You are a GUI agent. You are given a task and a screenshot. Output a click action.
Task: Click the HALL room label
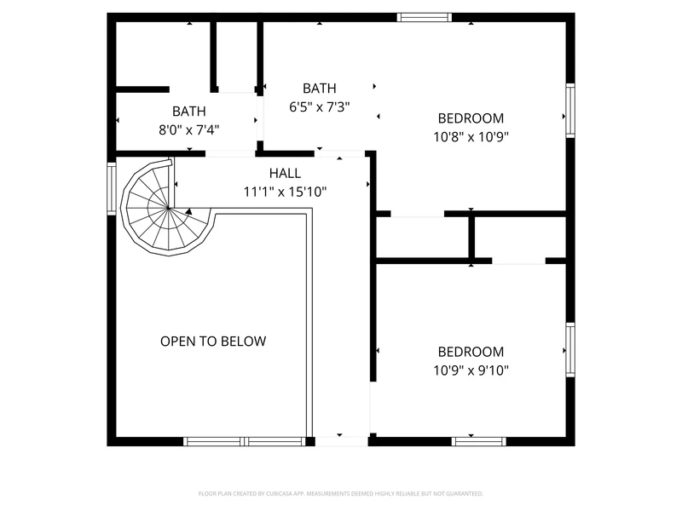point(285,173)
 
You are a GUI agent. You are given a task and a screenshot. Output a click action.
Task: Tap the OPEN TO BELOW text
point(213,342)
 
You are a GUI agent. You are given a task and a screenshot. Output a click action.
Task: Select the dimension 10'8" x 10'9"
point(471,137)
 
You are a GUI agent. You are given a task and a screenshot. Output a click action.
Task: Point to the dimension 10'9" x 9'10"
point(471,370)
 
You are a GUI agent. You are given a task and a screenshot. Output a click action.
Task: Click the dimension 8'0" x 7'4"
point(188,129)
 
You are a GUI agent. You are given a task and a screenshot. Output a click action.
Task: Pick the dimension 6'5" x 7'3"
point(319,107)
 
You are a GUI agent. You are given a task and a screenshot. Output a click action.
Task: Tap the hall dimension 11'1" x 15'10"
point(285,192)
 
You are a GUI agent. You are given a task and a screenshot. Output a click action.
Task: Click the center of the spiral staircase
point(168,208)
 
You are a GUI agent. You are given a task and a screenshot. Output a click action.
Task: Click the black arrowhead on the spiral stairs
point(188,211)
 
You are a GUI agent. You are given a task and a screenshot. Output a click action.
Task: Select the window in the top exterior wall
point(424,17)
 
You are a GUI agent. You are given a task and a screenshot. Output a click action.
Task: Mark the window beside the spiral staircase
point(112,188)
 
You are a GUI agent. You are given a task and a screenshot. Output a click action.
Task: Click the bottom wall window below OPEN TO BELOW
point(244,441)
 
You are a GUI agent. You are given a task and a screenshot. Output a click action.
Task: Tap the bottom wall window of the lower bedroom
point(478,441)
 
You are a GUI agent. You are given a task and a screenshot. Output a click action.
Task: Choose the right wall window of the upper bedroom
point(570,111)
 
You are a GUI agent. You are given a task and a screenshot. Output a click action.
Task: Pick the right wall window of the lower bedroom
point(570,350)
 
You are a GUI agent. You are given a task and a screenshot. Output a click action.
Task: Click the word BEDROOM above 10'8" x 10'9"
point(471,118)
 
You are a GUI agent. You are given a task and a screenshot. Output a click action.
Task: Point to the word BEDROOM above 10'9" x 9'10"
point(471,352)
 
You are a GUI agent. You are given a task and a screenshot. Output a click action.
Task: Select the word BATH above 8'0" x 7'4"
point(188,112)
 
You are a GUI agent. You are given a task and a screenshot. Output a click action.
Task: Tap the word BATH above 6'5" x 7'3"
point(319,89)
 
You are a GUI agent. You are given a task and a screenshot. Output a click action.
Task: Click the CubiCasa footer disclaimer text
point(340,494)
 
